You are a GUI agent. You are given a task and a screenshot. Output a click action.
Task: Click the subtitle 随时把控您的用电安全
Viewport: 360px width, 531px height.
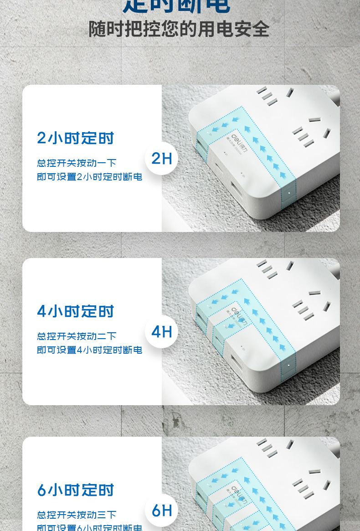pyautogui.click(x=179, y=29)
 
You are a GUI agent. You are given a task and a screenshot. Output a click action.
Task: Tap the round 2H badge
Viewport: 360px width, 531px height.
pyautogui.click(x=161, y=159)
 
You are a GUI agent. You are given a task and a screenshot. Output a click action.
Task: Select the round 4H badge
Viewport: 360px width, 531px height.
pyautogui.click(x=161, y=332)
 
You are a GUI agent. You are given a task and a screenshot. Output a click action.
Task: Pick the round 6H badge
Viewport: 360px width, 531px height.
pyautogui.click(x=161, y=510)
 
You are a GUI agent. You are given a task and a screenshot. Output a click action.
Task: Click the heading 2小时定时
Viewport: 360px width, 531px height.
pyautogui.click(x=75, y=138)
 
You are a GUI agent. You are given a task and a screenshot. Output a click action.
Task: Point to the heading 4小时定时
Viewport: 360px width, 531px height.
pyautogui.click(x=75, y=311)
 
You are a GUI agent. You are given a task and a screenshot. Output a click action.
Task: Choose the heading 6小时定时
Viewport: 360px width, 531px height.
pyautogui.click(x=75, y=490)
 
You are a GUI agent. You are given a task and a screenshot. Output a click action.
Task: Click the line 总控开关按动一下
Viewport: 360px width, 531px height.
pyautogui.click(x=77, y=163)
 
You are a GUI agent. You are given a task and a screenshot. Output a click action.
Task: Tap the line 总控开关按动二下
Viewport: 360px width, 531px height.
pyautogui.click(x=77, y=336)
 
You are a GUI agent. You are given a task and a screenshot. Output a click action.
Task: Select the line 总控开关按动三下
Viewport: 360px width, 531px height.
pyautogui.click(x=77, y=515)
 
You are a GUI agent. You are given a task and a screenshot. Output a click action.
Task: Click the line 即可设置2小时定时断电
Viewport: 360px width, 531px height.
pyautogui.click(x=89, y=177)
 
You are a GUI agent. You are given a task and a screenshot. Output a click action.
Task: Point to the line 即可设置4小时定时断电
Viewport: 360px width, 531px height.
pyautogui.click(x=89, y=350)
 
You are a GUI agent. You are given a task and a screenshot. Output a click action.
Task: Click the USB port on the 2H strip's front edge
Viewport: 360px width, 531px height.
pyautogui.click(x=237, y=191)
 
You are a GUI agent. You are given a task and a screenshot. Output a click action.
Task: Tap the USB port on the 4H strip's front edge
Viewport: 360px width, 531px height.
pyautogui.click(x=237, y=365)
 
